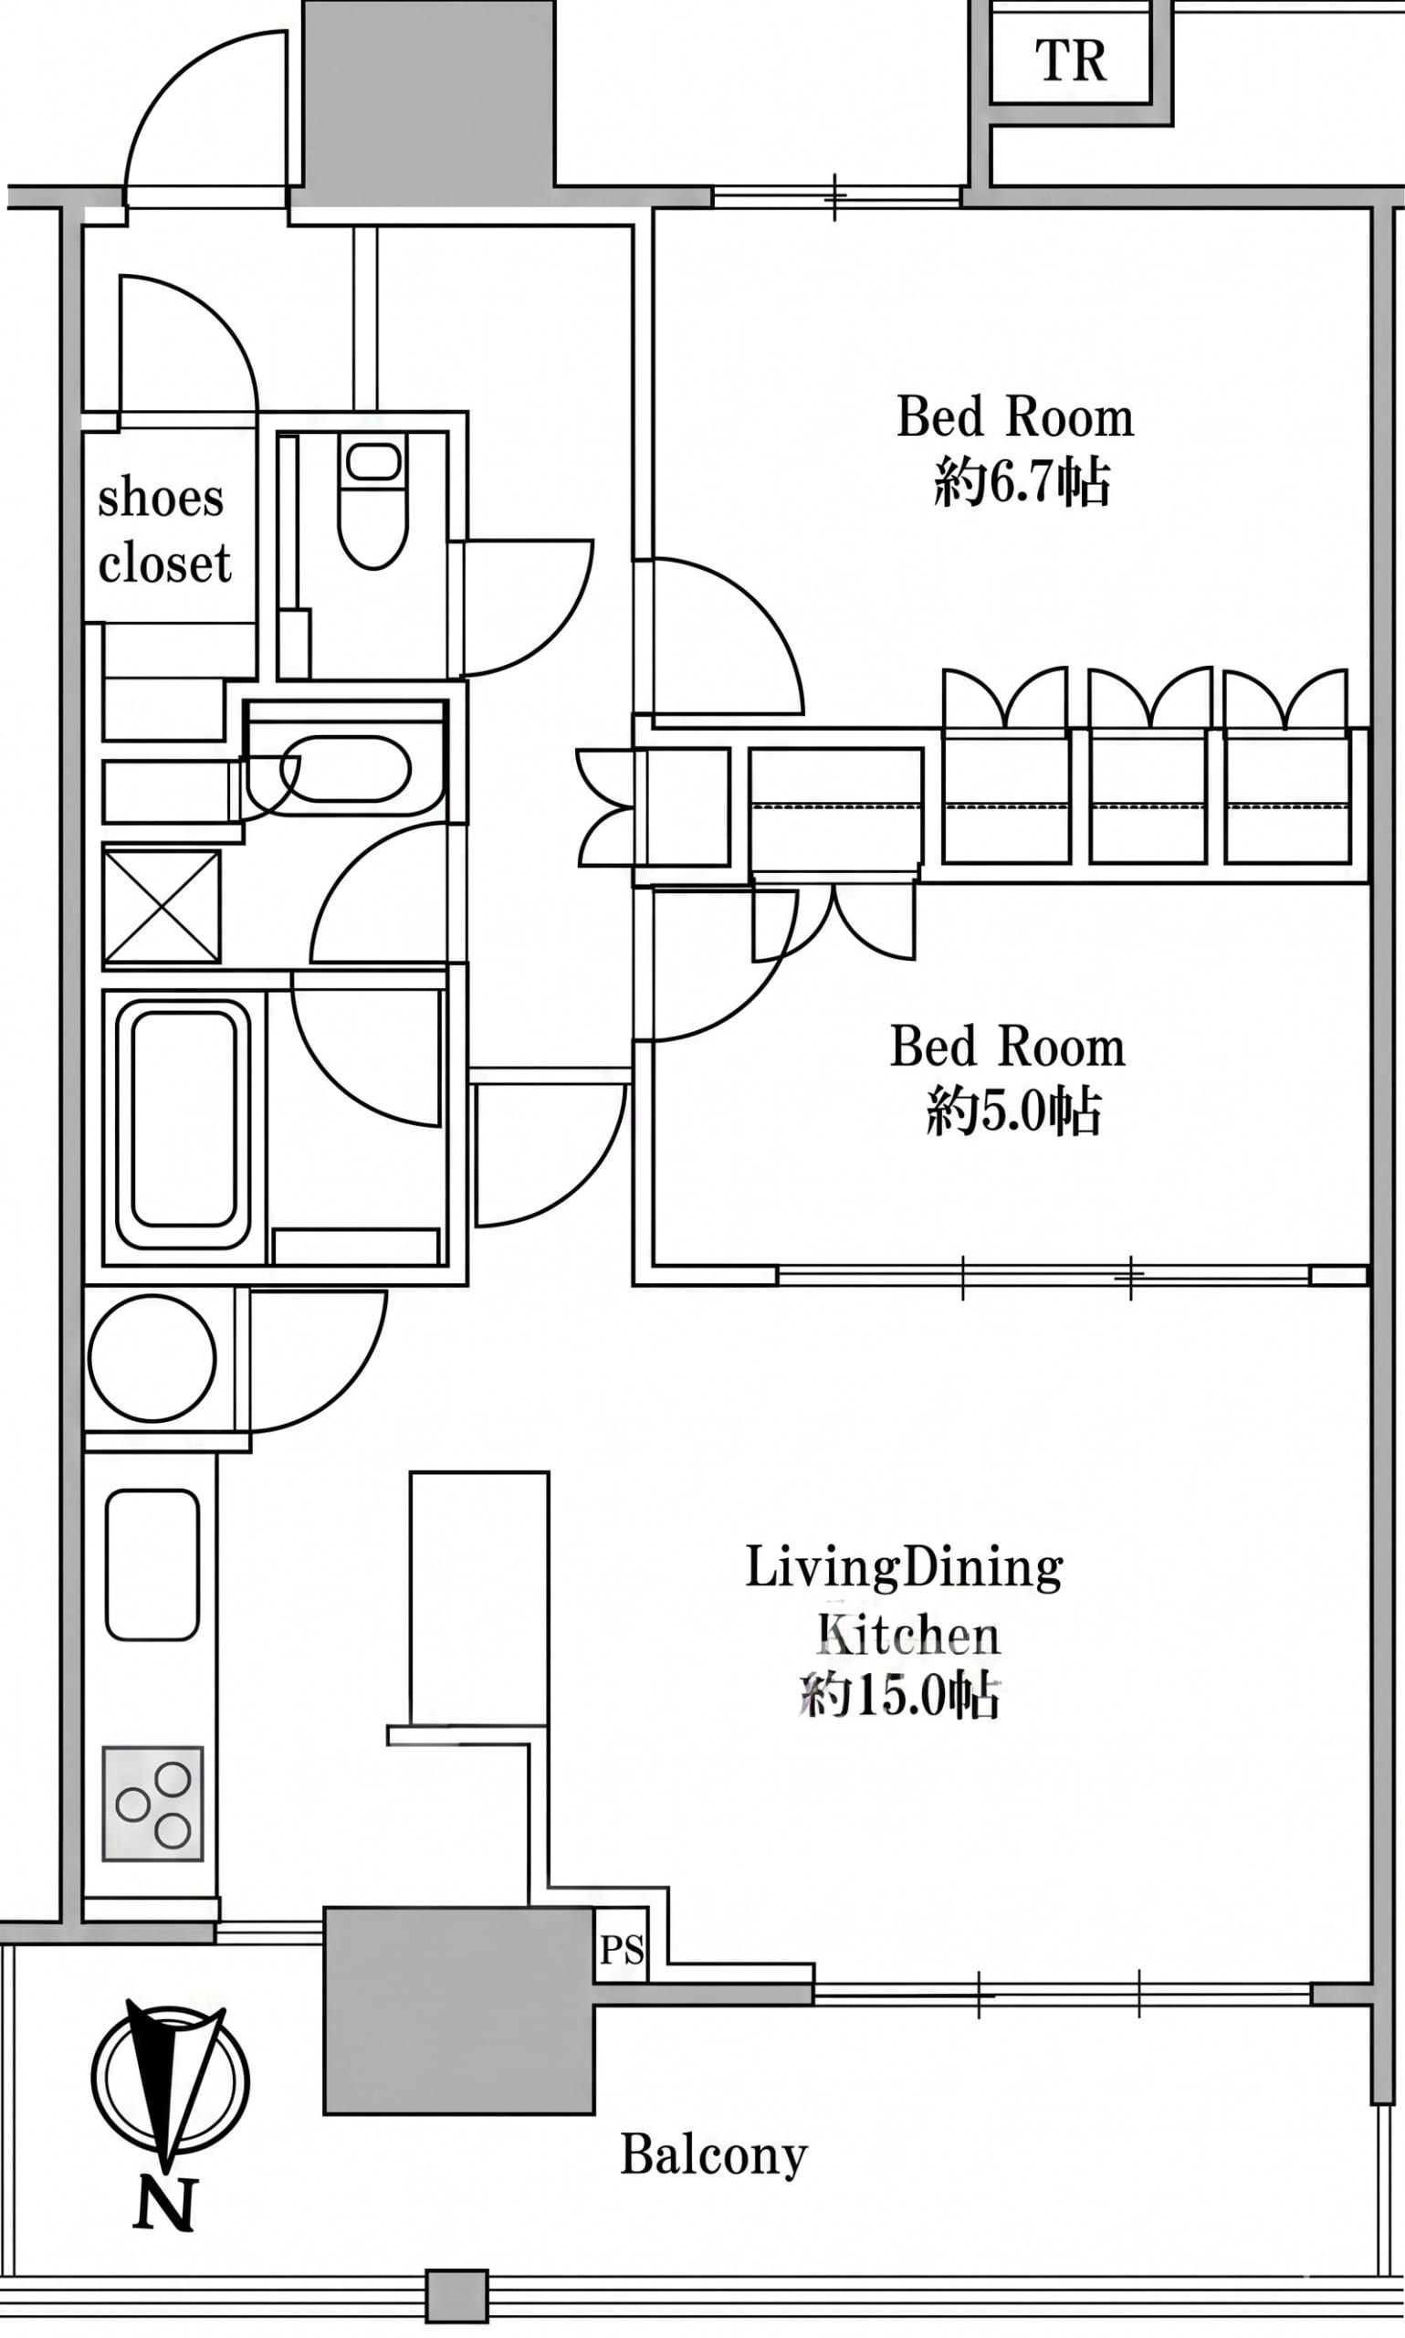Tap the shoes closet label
click(x=163, y=531)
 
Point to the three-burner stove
click(x=152, y=1804)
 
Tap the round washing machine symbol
click(x=152, y=1359)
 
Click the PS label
click(x=622, y=1951)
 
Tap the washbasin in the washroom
click(x=346, y=768)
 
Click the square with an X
click(x=162, y=906)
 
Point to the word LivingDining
click(x=904, y=1568)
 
